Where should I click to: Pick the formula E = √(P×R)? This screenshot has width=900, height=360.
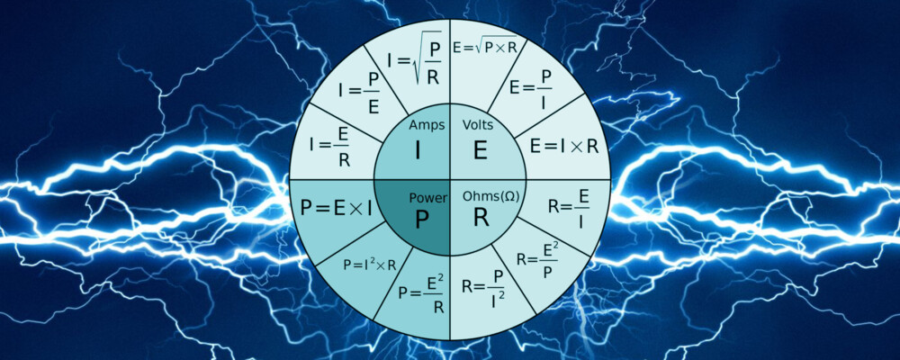point(485,46)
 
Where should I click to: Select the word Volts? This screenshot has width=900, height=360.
point(479,124)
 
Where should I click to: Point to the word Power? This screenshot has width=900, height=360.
point(427,196)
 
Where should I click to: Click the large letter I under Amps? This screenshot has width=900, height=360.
point(417,149)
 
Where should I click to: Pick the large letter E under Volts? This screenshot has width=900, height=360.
point(480,149)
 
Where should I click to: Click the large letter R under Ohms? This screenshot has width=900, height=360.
point(481,219)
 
